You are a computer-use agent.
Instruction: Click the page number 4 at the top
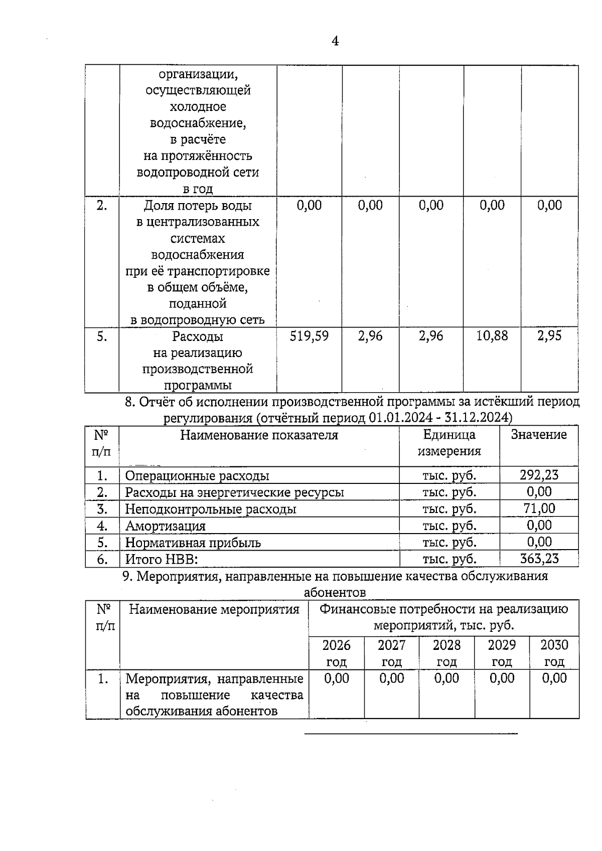point(335,41)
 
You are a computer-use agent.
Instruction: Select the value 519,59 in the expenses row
point(309,336)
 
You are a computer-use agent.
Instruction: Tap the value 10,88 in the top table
point(492,336)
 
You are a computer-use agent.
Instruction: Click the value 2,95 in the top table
point(549,336)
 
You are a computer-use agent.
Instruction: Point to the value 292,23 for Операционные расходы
point(539,475)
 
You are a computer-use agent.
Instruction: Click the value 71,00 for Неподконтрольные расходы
point(539,508)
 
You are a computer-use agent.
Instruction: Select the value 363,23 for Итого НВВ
point(539,559)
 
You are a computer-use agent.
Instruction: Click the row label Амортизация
point(165,526)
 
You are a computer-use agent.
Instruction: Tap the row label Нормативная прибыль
point(193,543)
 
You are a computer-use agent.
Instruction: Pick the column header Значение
point(539,435)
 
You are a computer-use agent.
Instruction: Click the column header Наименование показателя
point(259,435)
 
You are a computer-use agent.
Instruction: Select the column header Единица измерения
point(449,443)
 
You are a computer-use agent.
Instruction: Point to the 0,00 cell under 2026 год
point(336,678)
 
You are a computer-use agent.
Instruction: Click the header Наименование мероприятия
point(214,609)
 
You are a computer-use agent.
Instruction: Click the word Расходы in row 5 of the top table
point(198,336)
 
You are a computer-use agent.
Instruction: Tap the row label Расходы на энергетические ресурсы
point(234,492)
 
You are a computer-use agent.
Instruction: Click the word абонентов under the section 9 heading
point(335,592)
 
